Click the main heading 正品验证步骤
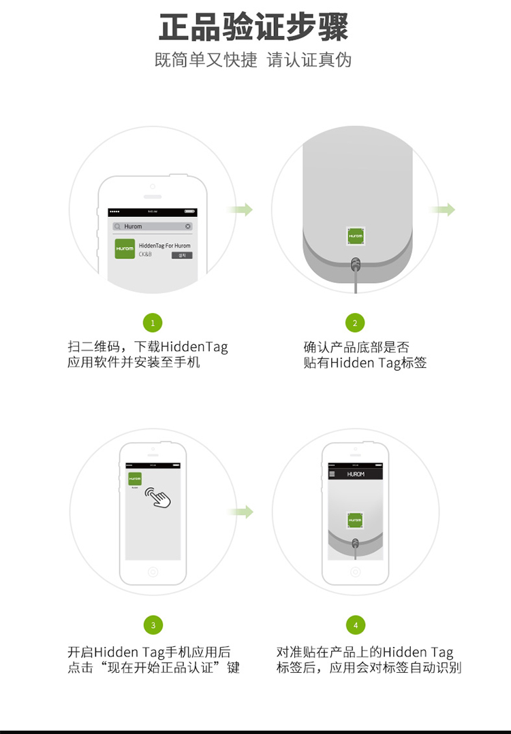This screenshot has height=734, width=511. coord(253,27)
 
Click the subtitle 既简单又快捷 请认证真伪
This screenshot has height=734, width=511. coord(253,60)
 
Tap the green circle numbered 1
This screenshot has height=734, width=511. coord(153,322)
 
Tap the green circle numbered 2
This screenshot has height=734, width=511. coord(354,322)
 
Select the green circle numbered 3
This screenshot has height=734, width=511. coord(153,625)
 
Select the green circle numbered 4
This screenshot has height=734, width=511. coord(355,625)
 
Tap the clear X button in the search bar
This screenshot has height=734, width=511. coord(188,227)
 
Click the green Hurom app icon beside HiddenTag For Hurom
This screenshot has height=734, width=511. coord(125,248)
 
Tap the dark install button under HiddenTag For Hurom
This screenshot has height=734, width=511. coord(182,256)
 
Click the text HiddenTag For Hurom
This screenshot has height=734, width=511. coord(164,246)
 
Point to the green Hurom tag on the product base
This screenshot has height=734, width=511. coord(355,235)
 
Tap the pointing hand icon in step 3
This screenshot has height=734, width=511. coord(159,497)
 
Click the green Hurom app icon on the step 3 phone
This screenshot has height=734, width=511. coord(135,479)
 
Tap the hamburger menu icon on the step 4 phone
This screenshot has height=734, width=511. coord(332,474)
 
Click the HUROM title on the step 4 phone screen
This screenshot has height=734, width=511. coord(356,474)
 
